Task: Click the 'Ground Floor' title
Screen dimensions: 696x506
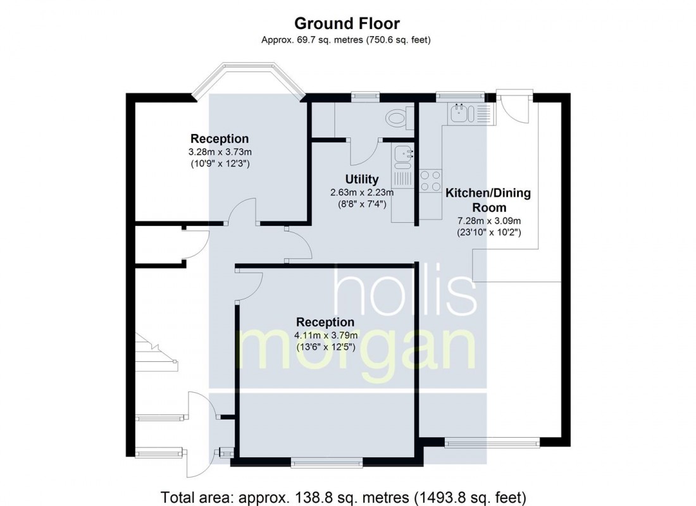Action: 347,23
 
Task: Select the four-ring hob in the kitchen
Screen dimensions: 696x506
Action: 430,181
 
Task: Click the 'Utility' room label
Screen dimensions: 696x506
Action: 362,180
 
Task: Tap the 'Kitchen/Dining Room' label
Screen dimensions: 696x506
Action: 488,200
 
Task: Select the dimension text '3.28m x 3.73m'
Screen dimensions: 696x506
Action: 220,152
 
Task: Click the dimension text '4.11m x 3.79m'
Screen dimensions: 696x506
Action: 326,335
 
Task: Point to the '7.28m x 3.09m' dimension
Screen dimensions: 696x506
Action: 488,221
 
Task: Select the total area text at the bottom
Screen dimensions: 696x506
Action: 343,497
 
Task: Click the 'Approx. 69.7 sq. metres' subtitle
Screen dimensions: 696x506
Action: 345,40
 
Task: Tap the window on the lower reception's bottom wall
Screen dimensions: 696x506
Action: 326,463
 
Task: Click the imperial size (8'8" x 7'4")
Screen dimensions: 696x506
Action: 362,204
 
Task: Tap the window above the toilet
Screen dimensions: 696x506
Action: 365,95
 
